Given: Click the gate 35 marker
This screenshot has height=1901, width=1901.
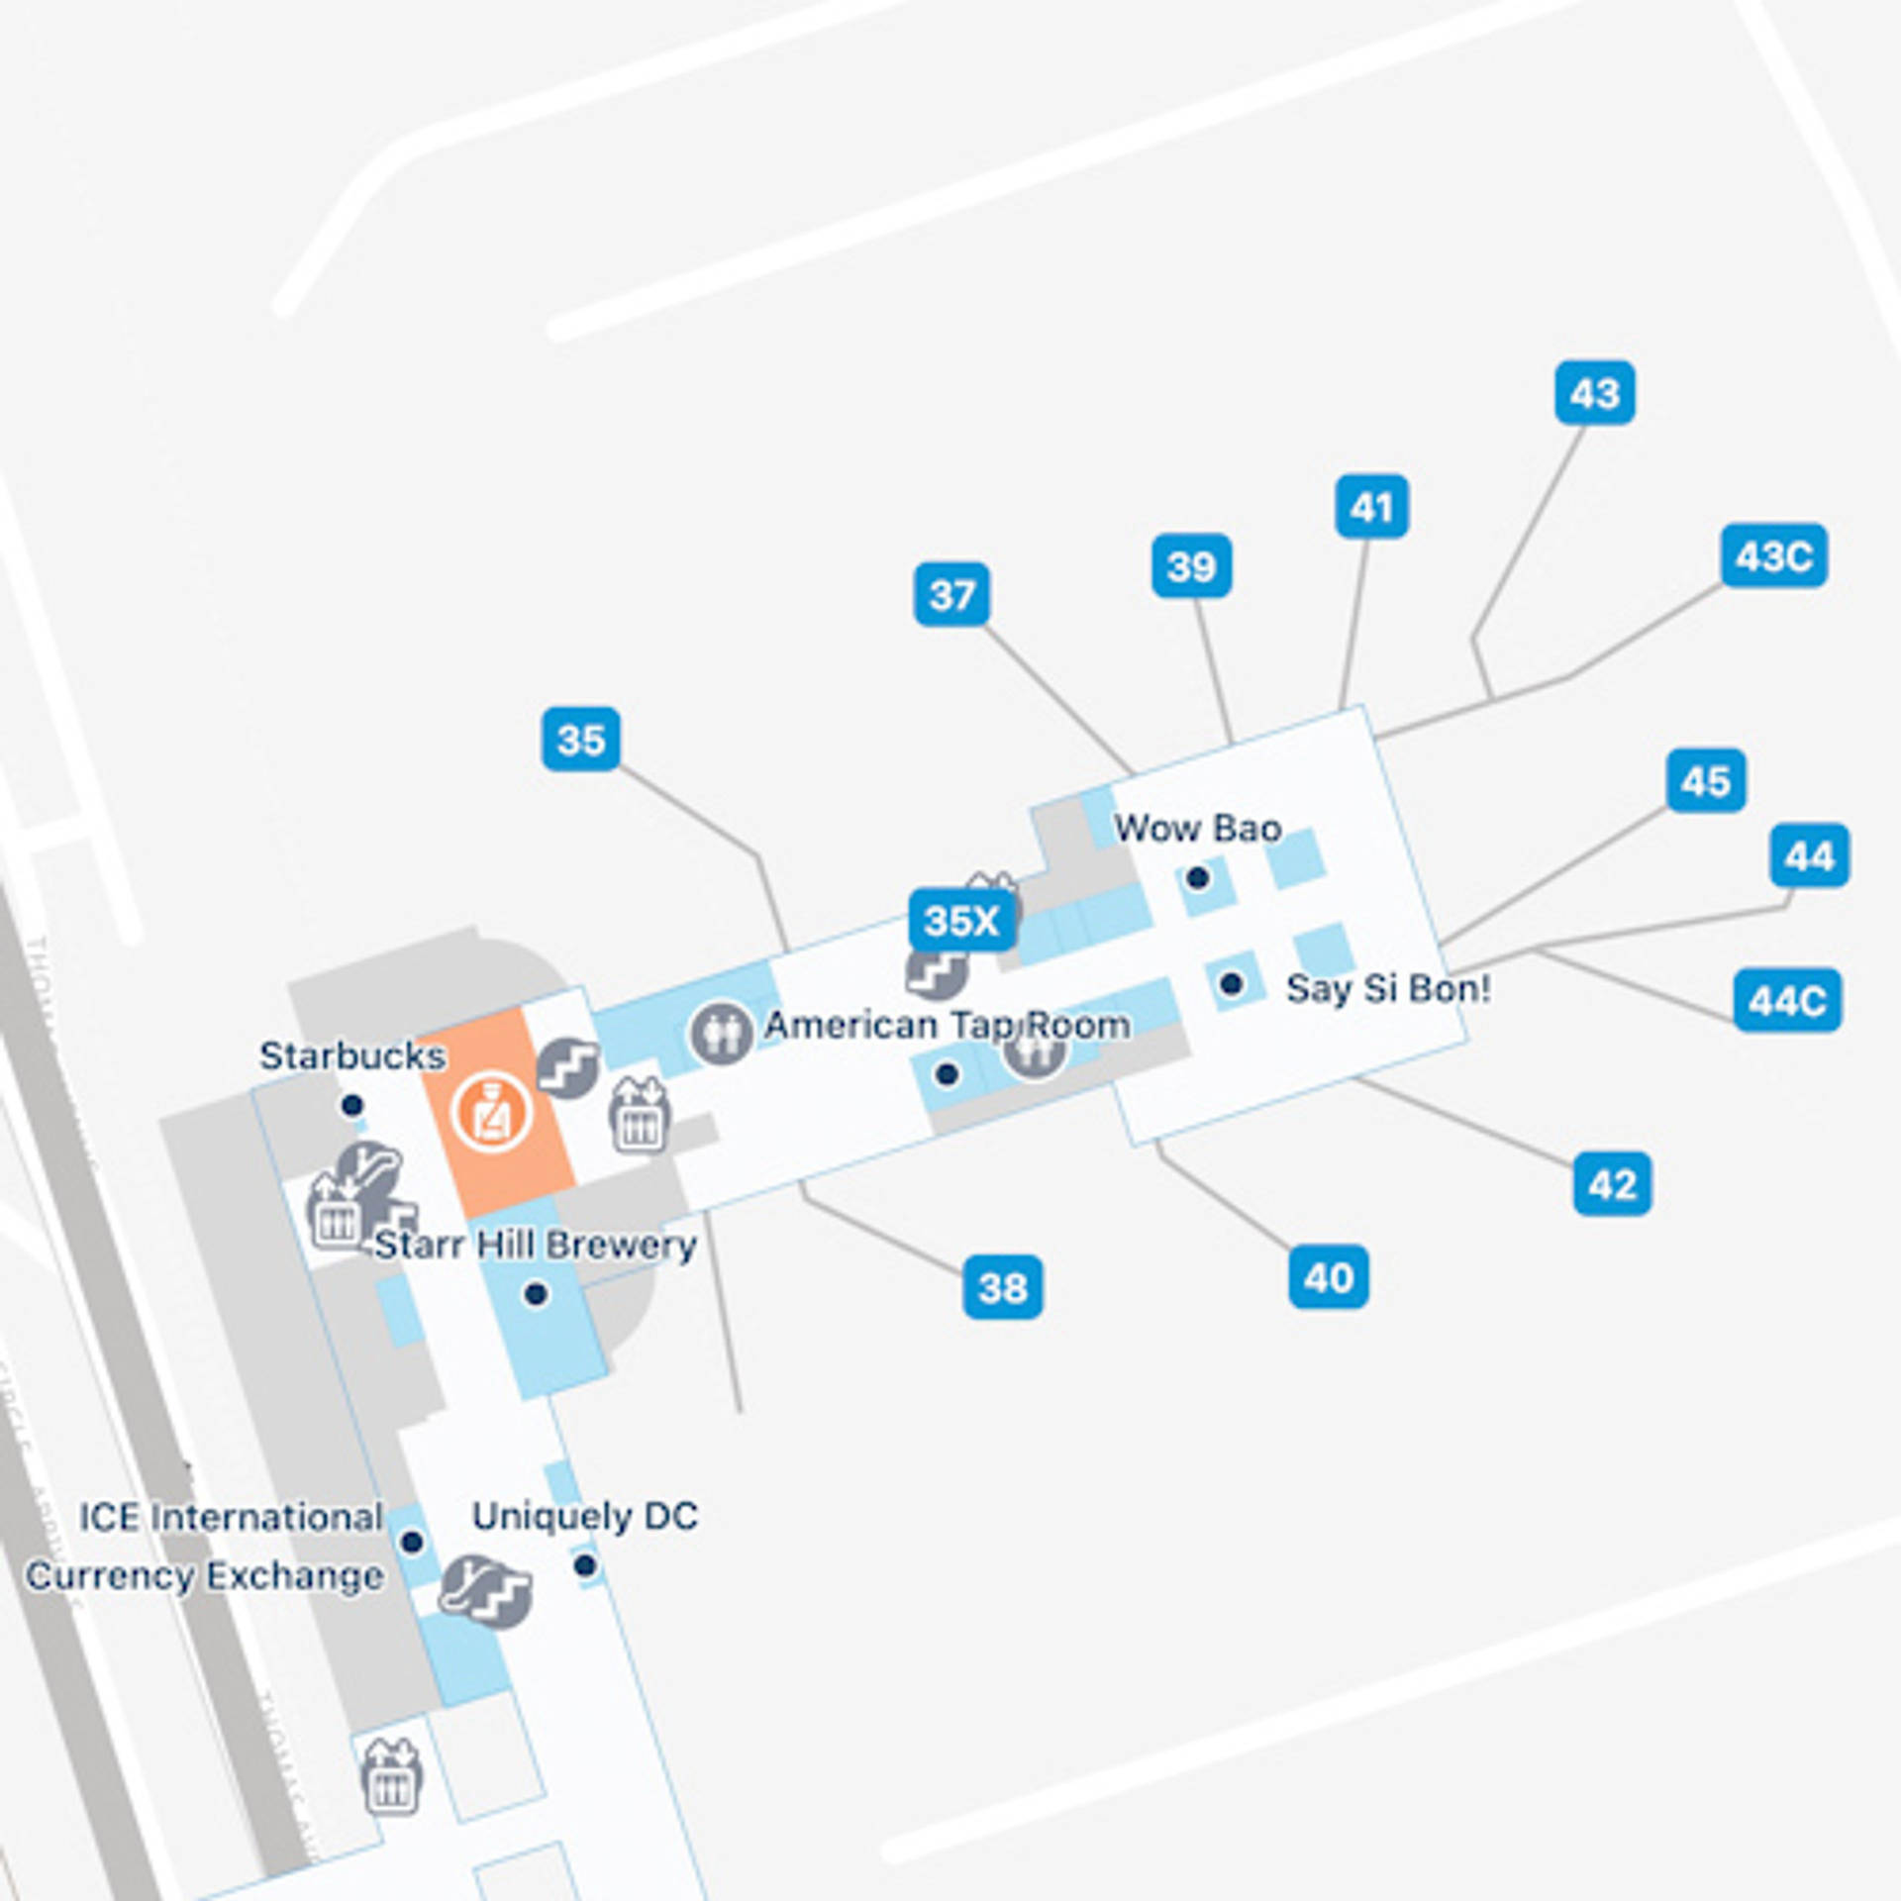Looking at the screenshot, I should tap(581, 739).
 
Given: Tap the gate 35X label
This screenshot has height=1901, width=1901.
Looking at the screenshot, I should tap(961, 920).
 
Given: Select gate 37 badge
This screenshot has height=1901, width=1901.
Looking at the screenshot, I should tap(951, 594).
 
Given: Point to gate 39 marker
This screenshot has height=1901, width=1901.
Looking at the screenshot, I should tap(1191, 565).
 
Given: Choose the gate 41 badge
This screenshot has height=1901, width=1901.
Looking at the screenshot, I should tap(1371, 507).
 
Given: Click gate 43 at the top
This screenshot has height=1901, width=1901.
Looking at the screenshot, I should tap(1594, 392).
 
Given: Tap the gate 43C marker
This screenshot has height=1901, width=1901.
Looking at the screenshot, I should tap(1773, 555).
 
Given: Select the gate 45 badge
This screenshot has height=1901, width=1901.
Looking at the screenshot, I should tap(1705, 780).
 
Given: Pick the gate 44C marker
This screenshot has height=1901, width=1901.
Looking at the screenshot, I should tap(1787, 1000).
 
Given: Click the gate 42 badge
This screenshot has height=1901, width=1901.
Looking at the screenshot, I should tap(1612, 1183).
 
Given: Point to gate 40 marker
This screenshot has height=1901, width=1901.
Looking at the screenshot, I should tap(1328, 1276).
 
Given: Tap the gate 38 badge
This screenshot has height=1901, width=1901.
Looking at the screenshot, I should tap(1002, 1286).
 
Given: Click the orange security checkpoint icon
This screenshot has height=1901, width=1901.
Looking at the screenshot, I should tap(492, 1111).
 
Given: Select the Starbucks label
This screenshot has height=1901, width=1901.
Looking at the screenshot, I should tap(352, 1055).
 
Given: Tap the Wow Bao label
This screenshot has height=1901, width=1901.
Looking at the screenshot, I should tap(1198, 828).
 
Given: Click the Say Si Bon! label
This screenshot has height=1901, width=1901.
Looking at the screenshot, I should tap(1388, 988).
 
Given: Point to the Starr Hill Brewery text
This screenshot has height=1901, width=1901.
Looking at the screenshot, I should tap(536, 1245).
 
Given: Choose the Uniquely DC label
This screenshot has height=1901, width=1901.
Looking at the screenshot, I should tap(585, 1516).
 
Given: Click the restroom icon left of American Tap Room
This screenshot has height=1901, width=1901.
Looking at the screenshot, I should tap(720, 1033).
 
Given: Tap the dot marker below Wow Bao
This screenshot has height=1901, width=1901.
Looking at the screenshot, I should tap(1198, 877).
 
